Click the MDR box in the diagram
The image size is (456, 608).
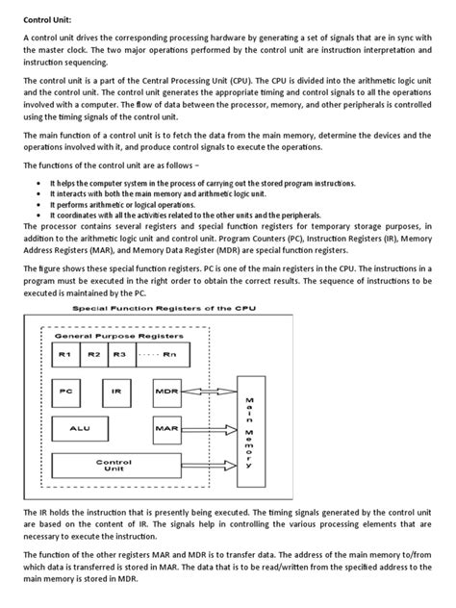pyautogui.click(x=165, y=393)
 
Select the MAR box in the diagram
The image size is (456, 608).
pyautogui.click(x=165, y=423)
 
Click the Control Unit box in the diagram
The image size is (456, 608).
pyautogui.click(x=114, y=465)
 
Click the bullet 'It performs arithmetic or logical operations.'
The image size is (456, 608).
pyautogui.click(x=114, y=205)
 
